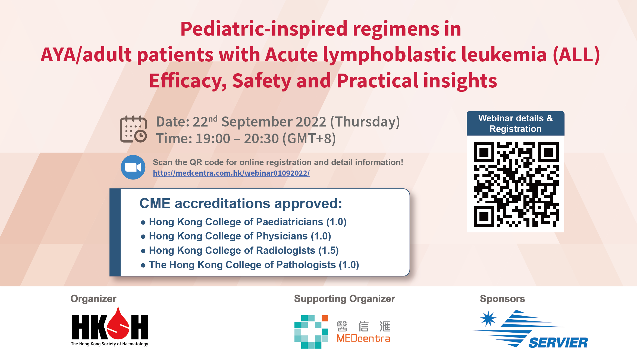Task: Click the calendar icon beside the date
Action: (x=133, y=129)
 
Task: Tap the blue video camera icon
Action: (x=133, y=167)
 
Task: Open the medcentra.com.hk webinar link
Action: (x=231, y=173)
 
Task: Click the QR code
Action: (x=516, y=184)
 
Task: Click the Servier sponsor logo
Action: (x=530, y=329)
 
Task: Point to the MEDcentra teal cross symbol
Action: (x=311, y=332)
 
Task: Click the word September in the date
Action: (x=274, y=122)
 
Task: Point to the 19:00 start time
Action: (x=213, y=139)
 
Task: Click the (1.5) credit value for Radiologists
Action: (x=328, y=251)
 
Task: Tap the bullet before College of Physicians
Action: (x=143, y=237)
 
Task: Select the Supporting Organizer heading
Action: (x=344, y=299)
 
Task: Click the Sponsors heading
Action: (x=502, y=299)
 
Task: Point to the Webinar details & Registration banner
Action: (x=516, y=124)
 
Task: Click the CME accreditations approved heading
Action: (x=241, y=204)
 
